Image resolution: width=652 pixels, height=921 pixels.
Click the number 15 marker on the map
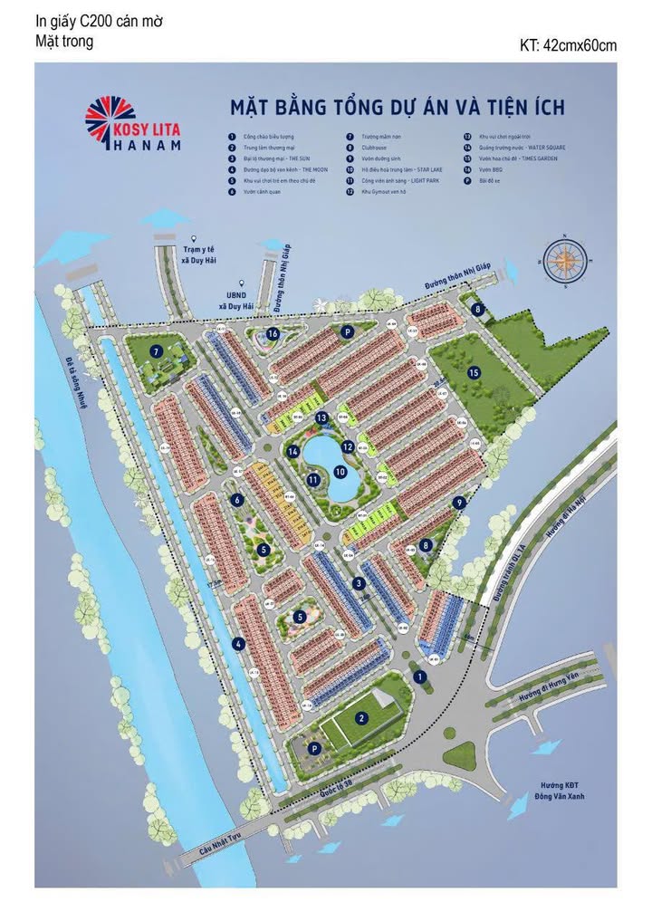[473, 372]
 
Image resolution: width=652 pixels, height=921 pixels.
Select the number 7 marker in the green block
[157, 351]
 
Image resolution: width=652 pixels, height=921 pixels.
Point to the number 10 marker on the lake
[340, 472]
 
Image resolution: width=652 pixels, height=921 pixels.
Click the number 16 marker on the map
[273, 334]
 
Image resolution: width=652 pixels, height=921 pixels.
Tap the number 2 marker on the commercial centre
[360, 718]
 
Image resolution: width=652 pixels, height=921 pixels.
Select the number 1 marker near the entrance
[419, 676]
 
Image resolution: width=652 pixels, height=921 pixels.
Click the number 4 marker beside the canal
[238, 644]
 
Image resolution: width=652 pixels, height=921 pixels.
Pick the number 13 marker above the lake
[321, 417]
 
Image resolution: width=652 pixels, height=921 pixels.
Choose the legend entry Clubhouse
[374, 146]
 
